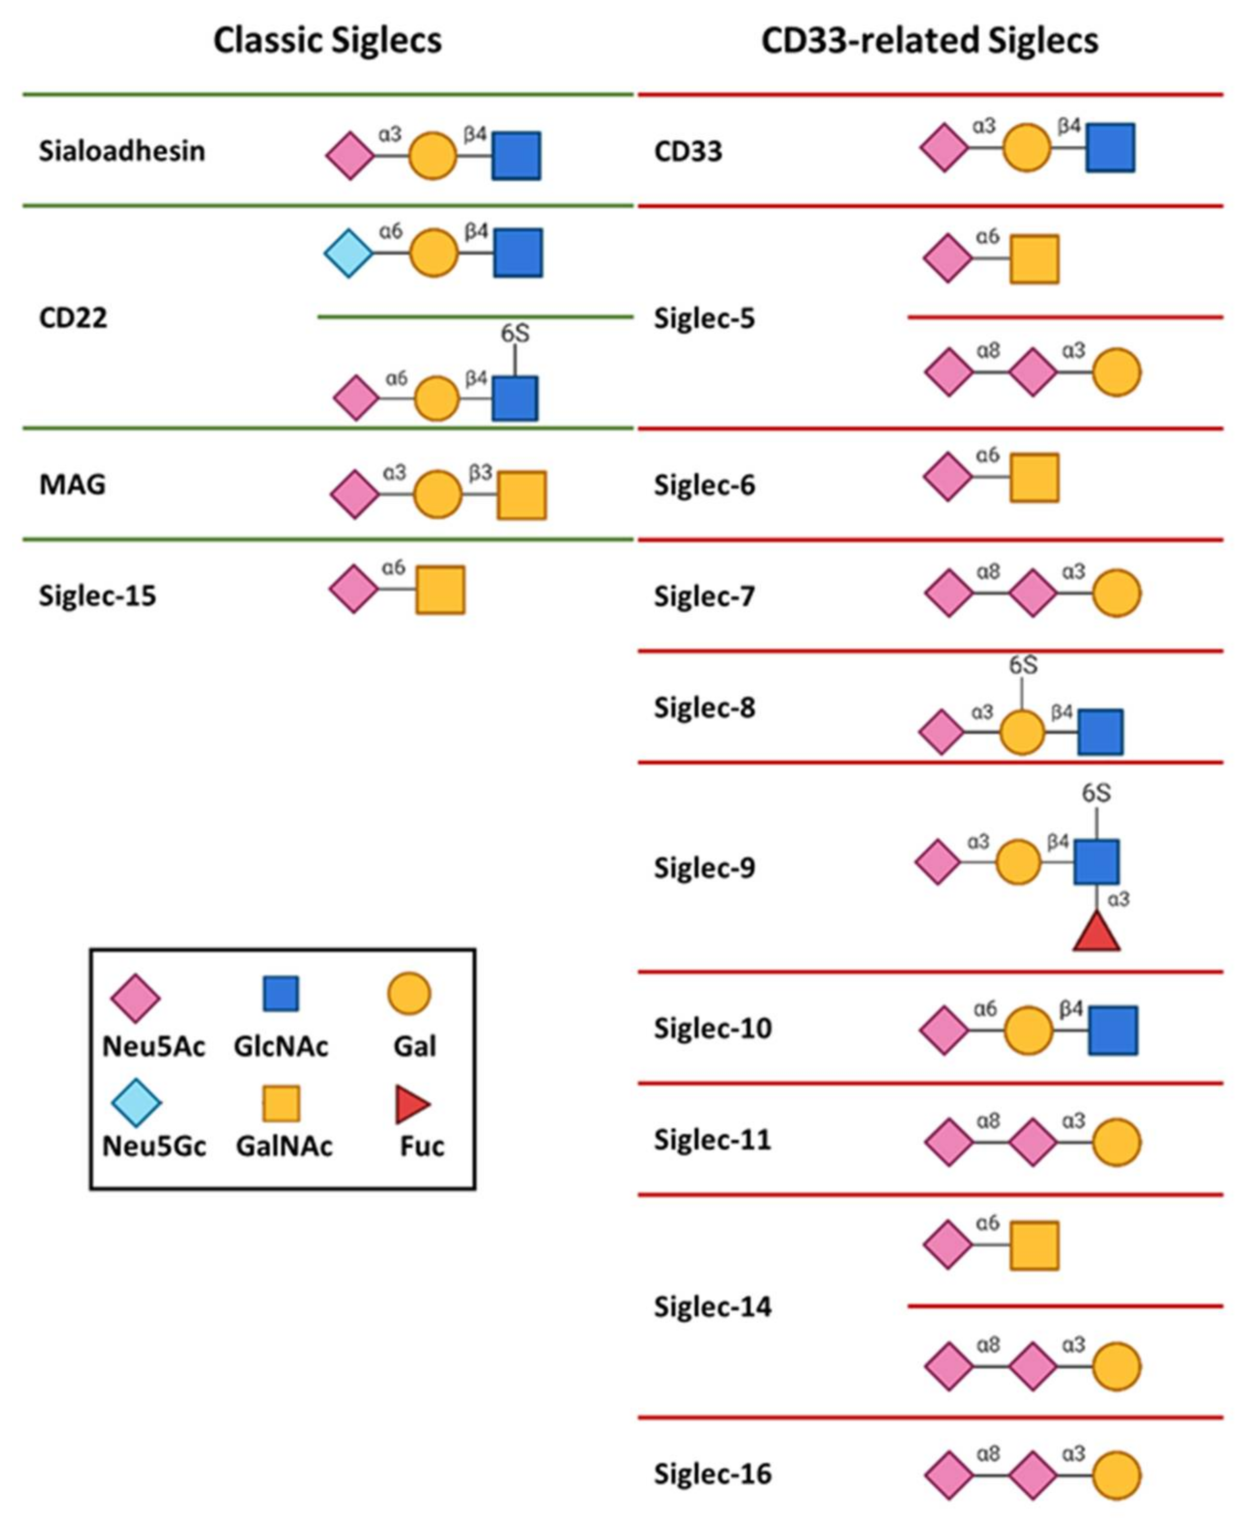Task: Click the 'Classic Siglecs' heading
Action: pos(328,40)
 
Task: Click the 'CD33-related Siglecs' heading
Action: pos(930,40)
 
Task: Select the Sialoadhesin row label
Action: pos(122,151)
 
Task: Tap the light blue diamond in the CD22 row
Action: pos(349,253)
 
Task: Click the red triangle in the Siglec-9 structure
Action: pos(1096,933)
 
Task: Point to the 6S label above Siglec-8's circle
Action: pos(1022,666)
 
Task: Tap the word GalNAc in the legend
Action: pos(284,1146)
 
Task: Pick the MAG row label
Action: pos(72,484)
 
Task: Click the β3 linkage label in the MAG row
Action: pos(481,472)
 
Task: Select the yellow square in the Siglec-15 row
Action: pos(440,590)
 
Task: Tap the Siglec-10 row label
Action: pos(712,1029)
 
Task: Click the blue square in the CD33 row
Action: pos(1110,147)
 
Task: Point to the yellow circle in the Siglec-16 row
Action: pos(1117,1475)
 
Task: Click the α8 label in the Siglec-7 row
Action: pos(989,572)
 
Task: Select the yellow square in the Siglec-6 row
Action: pos(1034,477)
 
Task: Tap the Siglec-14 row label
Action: pos(712,1307)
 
